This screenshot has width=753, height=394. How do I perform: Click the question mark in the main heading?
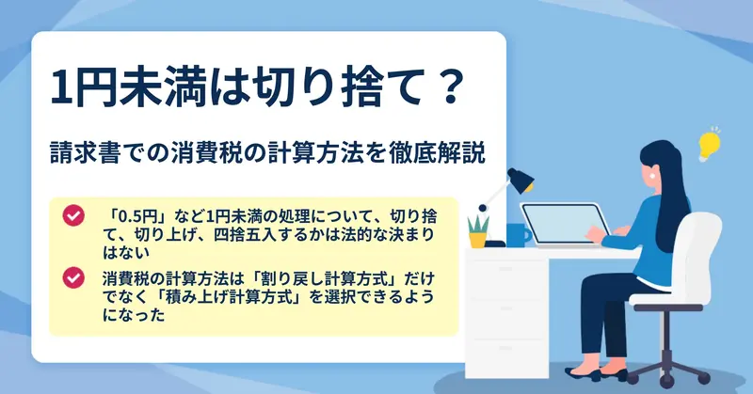coord(451,87)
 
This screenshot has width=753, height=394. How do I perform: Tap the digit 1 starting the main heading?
coord(60,87)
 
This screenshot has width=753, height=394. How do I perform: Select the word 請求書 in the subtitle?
coord(85,153)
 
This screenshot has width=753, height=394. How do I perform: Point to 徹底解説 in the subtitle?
coord(439,153)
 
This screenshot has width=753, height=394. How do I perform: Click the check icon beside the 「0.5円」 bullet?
coord(73,216)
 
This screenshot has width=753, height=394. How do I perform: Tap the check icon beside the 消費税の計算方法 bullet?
coord(73,277)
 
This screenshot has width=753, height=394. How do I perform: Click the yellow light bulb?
coord(710,144)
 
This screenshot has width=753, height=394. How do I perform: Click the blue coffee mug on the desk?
coord(519,235)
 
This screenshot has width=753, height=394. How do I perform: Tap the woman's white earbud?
coord(653,176)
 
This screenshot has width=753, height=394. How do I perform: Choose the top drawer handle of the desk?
coord(505,270)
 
